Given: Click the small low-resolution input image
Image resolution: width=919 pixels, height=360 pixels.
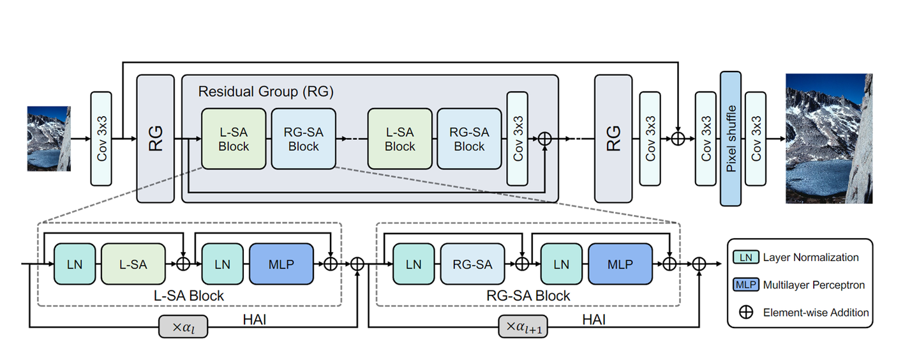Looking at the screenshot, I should (x=49, y=139).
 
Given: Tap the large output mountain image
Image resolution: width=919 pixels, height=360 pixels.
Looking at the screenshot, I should (x=828, y=138).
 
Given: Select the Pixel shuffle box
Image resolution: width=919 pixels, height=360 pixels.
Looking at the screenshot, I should (x=731, y=139).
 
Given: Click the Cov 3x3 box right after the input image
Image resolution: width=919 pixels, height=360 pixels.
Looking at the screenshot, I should (x=101, y=139).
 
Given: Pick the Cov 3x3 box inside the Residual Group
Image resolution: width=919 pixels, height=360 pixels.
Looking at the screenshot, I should (x=517, y=139).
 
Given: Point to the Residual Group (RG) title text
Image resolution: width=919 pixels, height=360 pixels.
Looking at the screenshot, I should (x=265, y=91).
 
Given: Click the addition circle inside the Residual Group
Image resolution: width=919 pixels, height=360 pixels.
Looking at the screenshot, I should (x=544, y=139).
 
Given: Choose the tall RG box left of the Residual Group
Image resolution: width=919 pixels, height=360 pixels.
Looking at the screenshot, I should (x=156, y=139).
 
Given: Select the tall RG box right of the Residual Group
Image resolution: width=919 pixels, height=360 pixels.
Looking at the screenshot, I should (x=613, y=139).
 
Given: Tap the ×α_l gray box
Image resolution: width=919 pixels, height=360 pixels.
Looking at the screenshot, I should (x=183, y=327).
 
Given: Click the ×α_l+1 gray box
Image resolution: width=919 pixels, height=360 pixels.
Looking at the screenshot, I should (x=523, y=327).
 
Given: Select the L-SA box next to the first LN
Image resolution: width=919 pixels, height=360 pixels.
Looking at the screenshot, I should (x=133, y=264).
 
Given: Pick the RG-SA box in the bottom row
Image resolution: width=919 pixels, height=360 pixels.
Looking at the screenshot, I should (x=472, y=264).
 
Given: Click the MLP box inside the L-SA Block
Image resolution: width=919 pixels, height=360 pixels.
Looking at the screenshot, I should (x=281, y=264).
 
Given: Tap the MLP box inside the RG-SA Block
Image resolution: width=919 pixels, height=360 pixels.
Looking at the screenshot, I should (x=620, y=264).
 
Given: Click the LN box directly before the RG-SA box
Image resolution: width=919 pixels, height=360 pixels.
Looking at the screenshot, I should (x=414, y=264).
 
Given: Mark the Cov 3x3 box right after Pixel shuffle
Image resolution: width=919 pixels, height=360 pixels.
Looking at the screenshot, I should (x=756, y=139).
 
